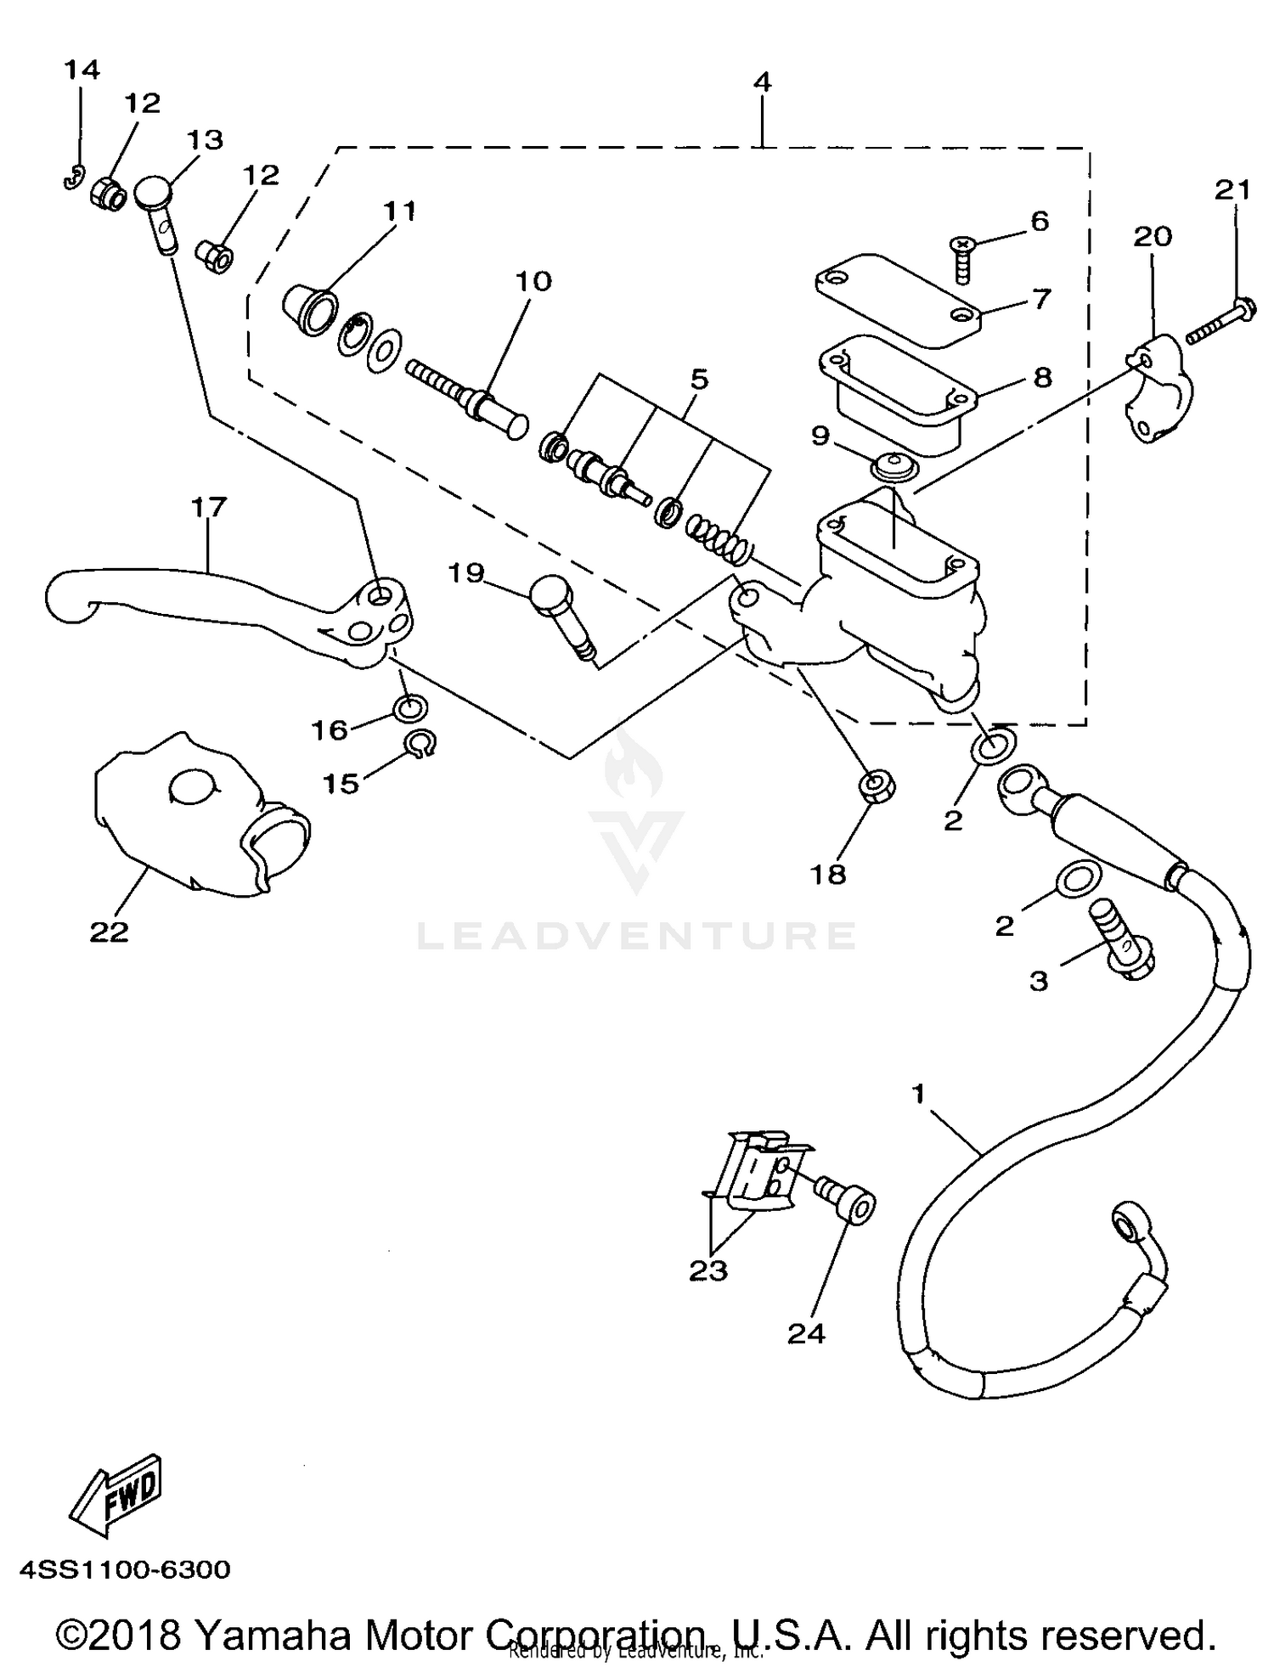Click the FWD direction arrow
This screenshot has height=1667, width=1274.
[115, 1495]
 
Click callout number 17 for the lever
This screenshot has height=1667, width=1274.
[209, 507]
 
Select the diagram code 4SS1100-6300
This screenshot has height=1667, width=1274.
[125, 1569]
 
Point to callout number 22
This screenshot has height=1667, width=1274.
[109, 932]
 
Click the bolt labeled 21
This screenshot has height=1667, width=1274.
[1220, 324]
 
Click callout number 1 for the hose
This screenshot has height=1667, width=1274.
[918, 1094]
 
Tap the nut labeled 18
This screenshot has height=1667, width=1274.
[877, 786]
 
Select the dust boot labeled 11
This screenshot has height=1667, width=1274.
[309, 309]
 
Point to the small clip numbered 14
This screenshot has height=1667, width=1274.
[75, 178]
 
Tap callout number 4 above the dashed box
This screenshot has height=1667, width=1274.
[763, 82]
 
